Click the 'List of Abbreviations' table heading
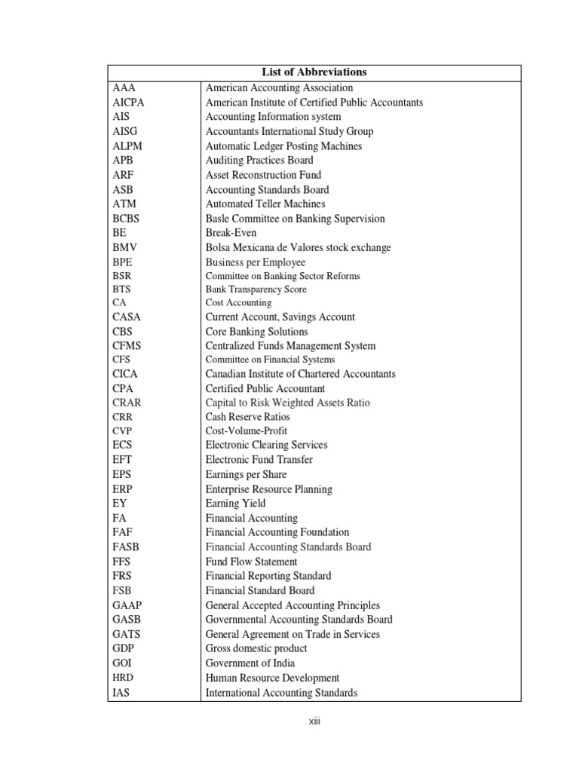coord(314,72)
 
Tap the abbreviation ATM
coord(125,204)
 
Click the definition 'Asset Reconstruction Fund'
coord(263,175)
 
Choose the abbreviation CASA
coord(127,317)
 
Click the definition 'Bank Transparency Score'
coord(256,289)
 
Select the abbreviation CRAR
coord(127,403)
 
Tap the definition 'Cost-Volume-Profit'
coord(247,431)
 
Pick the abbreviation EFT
coord(123,459)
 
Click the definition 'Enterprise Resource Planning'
coord(269,489)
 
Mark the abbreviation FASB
coord(125,547)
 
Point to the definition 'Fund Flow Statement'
coord(252,562)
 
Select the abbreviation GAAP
coord(127,605)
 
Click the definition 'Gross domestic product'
coord(256,648)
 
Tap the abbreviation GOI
coord(122,663)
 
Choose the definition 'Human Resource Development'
coord(272,678)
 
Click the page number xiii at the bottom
coord(314,721)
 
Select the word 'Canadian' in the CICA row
coord(226,374)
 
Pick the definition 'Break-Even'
coord(231,233)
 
